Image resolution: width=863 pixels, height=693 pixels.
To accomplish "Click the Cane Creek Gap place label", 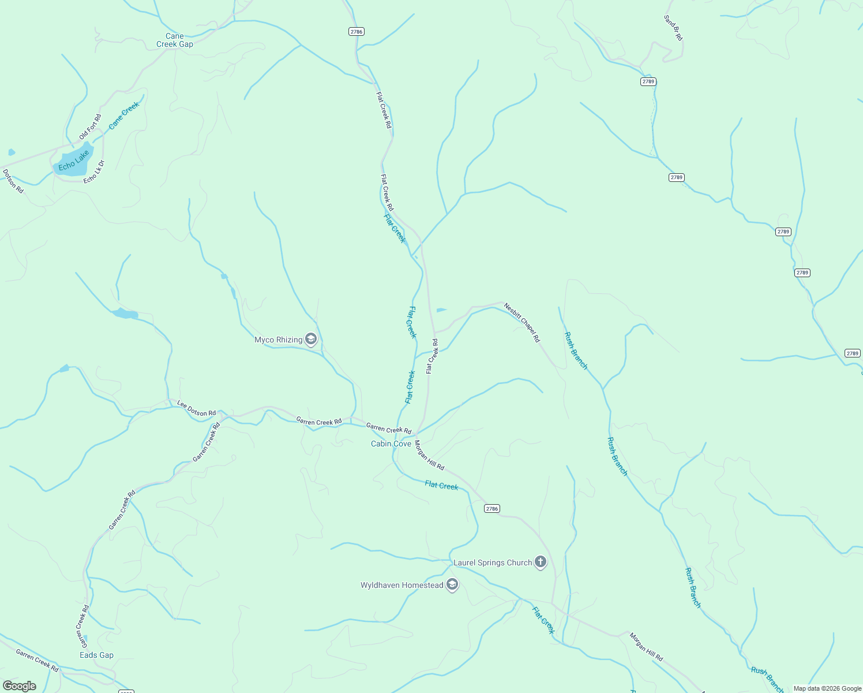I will [175, 40].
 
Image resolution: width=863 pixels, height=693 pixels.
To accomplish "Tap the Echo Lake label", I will [74, 160].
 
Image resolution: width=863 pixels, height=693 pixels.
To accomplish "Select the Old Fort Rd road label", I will [90, 127].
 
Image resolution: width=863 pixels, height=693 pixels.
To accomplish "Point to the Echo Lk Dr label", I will [93, 172].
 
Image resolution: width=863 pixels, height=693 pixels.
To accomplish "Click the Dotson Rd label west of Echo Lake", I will [13, 181].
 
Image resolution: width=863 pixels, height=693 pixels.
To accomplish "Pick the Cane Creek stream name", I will [124, 115].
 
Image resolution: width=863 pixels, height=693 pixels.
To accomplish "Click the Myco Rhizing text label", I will [279, 340].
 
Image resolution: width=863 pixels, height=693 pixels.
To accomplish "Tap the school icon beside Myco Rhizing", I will [311, 339].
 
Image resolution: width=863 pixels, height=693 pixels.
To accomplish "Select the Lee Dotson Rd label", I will [196, 408].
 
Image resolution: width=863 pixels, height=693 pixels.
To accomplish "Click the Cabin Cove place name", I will [391, 444].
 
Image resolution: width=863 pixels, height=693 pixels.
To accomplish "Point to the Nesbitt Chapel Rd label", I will [521, 322].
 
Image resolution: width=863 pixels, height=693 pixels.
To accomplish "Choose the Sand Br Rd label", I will [673, 28].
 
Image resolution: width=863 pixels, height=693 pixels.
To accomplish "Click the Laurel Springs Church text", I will [493, 562].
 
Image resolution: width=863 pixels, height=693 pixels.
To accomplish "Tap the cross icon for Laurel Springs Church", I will [541, 561].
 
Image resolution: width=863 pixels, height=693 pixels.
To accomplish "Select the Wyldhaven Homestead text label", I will [402, 585].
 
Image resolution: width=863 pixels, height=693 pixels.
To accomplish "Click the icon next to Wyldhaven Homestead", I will [453, 585].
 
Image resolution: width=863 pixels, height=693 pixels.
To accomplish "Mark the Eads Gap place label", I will [96, 655].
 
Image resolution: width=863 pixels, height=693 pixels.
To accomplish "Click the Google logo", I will [19, 686].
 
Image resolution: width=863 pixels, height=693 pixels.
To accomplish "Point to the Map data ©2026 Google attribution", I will [827, 688].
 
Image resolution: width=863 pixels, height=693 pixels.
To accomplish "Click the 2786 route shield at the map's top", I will [357, 31].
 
